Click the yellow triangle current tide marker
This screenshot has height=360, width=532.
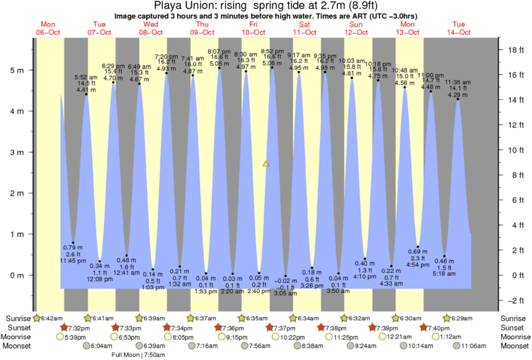pos(266,163)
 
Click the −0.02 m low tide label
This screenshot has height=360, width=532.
pos(285,280)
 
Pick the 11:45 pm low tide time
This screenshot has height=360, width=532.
pos(72,260)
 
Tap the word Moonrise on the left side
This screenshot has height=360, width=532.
pos(18,337)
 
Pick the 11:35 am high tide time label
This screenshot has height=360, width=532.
pos(457,82)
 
